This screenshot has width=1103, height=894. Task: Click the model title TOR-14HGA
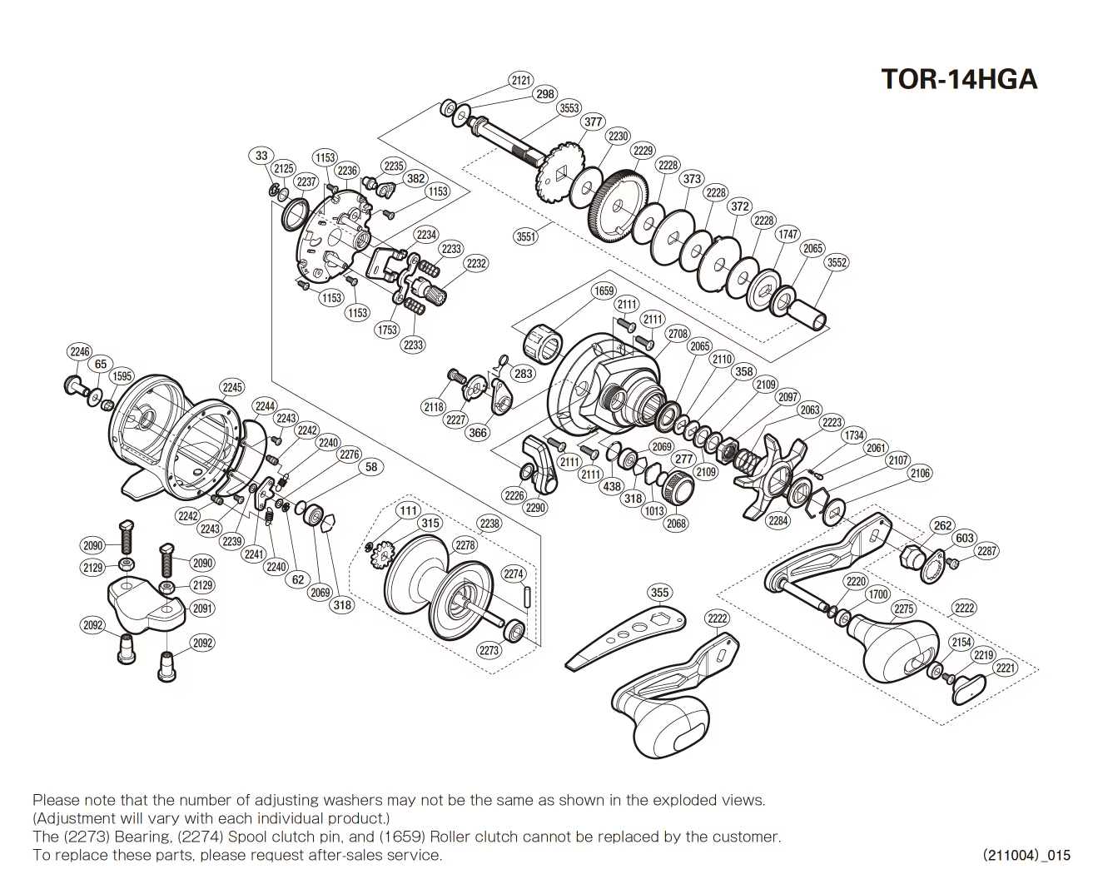[959, 79]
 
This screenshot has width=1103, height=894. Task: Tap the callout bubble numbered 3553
[569, 108]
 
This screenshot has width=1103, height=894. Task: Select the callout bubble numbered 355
[659, 593]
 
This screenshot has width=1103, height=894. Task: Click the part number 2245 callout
[232, 387]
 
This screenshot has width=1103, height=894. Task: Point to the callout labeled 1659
[604, 291]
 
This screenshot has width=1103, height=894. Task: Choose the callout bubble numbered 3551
[526, 236]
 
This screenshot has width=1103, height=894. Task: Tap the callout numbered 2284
[778, 521]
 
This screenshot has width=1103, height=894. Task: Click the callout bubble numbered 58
[371, 467]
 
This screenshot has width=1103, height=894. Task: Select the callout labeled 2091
[203, 608]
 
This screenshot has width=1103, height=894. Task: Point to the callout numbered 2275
[905, 609]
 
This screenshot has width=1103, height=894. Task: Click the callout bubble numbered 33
[262, 156]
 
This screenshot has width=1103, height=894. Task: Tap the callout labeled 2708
[678, 334]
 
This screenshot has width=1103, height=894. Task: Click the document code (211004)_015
[1026, 855]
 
